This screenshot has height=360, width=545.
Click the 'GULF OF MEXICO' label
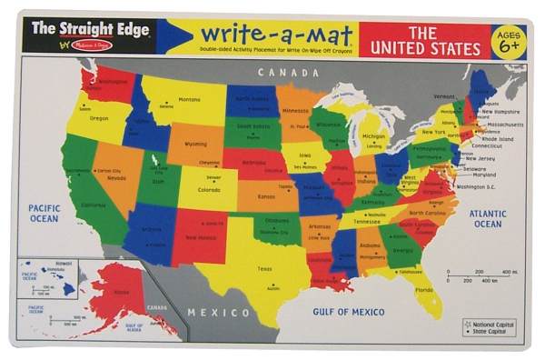[350, 312]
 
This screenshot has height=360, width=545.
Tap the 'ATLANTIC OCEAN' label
[488, 218]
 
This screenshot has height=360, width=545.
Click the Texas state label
[264, 268]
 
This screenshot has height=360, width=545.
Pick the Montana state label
[189, 99]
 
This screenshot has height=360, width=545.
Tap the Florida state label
[424, 290]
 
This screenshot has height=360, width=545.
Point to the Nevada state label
[116, 178]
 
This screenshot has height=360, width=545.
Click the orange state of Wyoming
[194, 143]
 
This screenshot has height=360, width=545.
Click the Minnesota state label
[294, 111]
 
